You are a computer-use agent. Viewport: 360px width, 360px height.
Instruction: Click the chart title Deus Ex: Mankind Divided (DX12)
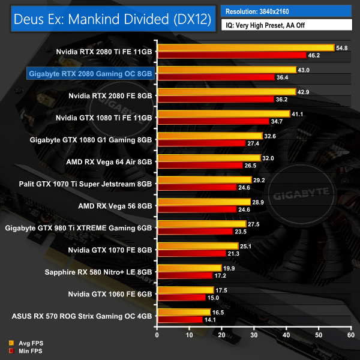coord(110,20)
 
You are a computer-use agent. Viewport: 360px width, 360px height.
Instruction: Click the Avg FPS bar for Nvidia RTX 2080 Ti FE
coord(245,47)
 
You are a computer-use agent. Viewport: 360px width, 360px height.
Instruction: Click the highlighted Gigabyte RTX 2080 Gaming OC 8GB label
coord(91,74)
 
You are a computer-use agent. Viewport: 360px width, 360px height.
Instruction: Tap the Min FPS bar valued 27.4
coord(201,143)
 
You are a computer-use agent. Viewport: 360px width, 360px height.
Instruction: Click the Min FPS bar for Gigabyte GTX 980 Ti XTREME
coord(194,231)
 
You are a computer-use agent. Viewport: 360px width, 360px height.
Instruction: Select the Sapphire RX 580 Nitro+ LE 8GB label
coord(98,271)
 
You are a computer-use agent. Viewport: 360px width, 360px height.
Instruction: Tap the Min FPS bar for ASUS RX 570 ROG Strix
coord(179,319)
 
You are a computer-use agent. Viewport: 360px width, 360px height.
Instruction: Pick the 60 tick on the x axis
coord(350,335)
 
